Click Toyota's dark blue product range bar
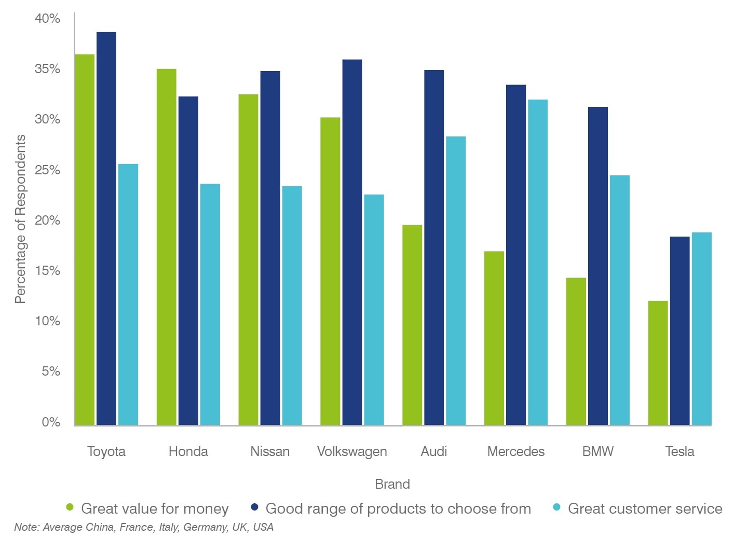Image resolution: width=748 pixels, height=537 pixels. click(x=106, y=228)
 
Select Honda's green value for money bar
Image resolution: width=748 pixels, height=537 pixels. click(x=166, y=247)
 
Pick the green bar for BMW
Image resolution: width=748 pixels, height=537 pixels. click(x=576, y=351)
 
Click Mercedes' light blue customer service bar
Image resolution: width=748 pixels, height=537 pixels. click(x=537, y=262)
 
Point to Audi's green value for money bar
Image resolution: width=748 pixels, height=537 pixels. click(x=412, y=325)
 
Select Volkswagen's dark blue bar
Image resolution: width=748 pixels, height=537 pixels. click(x=352, y=242)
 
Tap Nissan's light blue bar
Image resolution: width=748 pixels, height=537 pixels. click(x=292, y=306)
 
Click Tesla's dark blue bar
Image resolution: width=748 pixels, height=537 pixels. click(x=679, y=331)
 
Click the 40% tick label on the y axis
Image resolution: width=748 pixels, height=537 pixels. click(x=47, y=19)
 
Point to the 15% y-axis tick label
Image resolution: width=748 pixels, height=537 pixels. click(x=47, y=271)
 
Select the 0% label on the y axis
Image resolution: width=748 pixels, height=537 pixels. click(x=50, y=422)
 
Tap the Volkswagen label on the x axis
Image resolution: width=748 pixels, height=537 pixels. click(x=352, y=451)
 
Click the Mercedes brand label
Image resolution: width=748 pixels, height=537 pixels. click(x=515, y=451)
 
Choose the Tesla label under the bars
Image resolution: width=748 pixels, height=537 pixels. click(x=679, y=451)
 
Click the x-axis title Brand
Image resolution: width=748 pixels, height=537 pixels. click(x=392, y=484)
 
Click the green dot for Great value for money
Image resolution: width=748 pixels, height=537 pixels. click(x=70, y=507)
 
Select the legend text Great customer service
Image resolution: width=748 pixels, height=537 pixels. click(x=645, y=508)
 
